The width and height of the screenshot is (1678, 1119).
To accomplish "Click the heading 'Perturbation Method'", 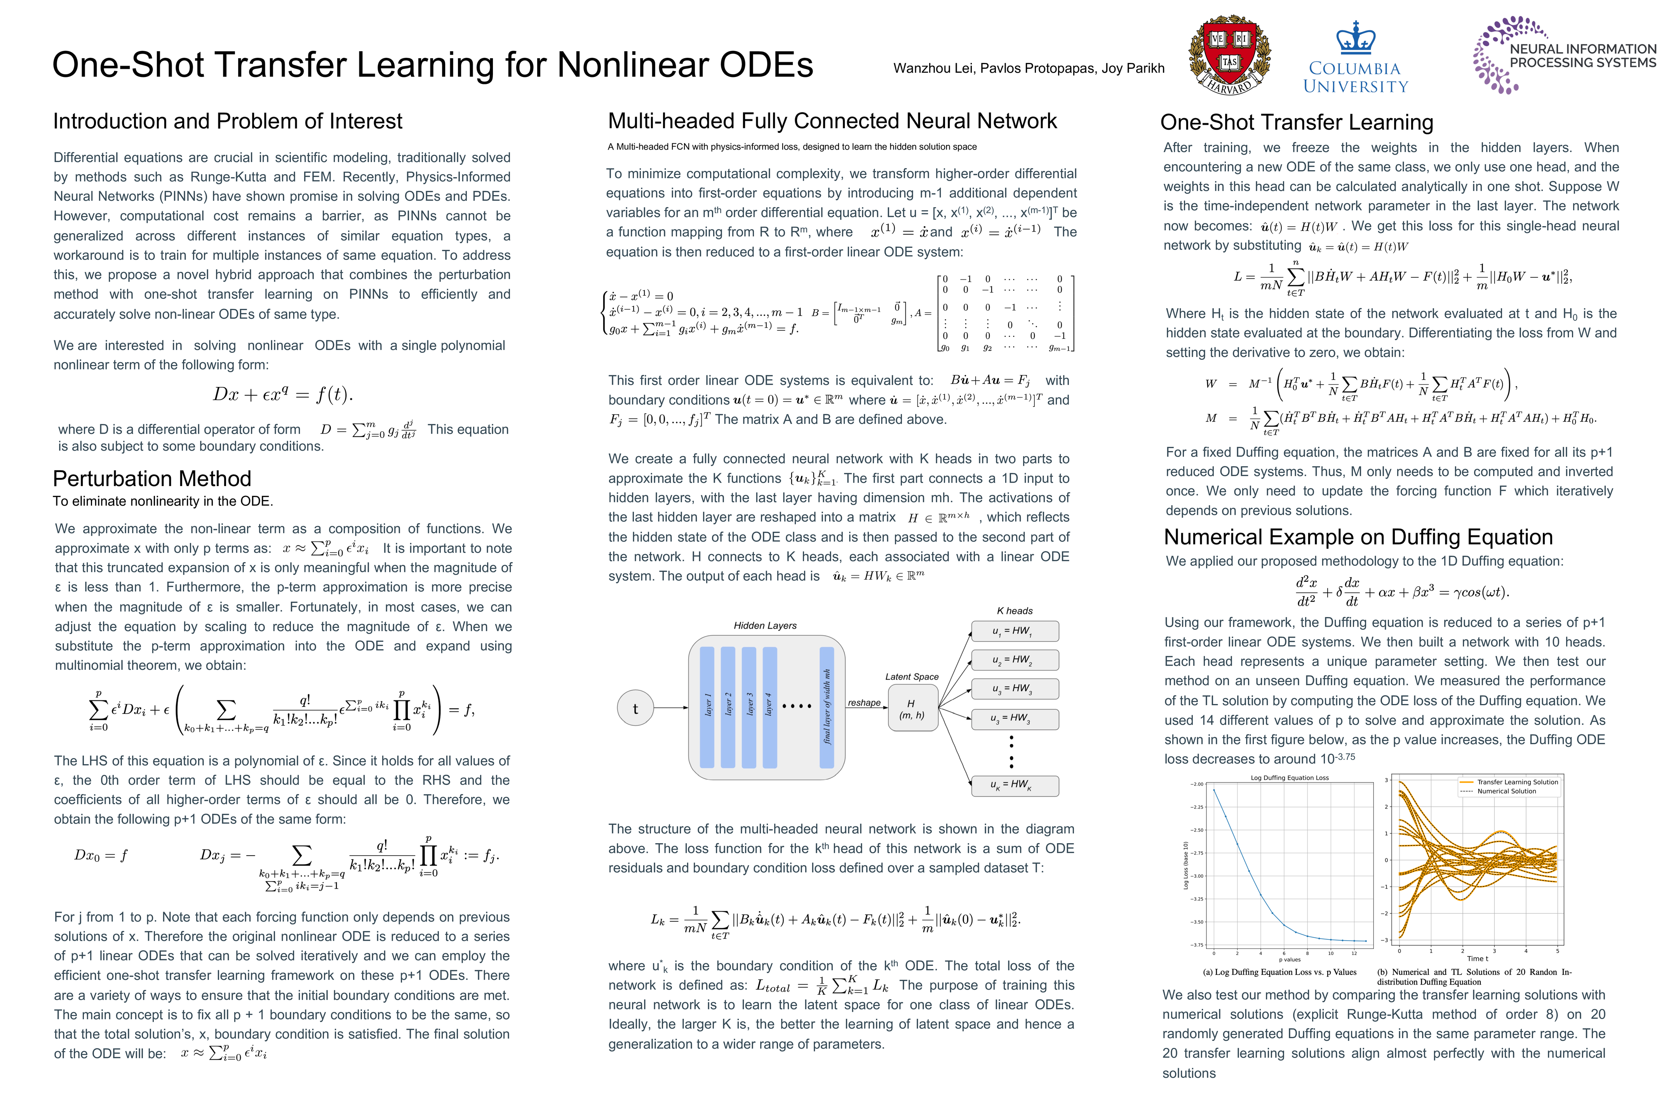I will [152, 478].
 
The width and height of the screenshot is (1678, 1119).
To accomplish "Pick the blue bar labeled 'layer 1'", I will [708, 706].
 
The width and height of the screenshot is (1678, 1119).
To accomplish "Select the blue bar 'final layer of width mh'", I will [827, 706].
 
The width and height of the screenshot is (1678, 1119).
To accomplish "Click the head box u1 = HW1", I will [1015, 631].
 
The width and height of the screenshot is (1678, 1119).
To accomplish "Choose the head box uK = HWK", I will [1015, 785].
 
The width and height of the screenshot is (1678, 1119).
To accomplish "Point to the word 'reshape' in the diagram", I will [864, 703].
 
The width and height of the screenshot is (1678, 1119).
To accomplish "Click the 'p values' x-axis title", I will [1290, 960].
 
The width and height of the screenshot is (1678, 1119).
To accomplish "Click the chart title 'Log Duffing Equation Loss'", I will [1290, 778].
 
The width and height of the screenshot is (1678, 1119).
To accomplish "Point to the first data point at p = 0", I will [1214, 789].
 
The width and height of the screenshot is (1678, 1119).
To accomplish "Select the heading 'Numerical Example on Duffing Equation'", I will [1358, 537].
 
